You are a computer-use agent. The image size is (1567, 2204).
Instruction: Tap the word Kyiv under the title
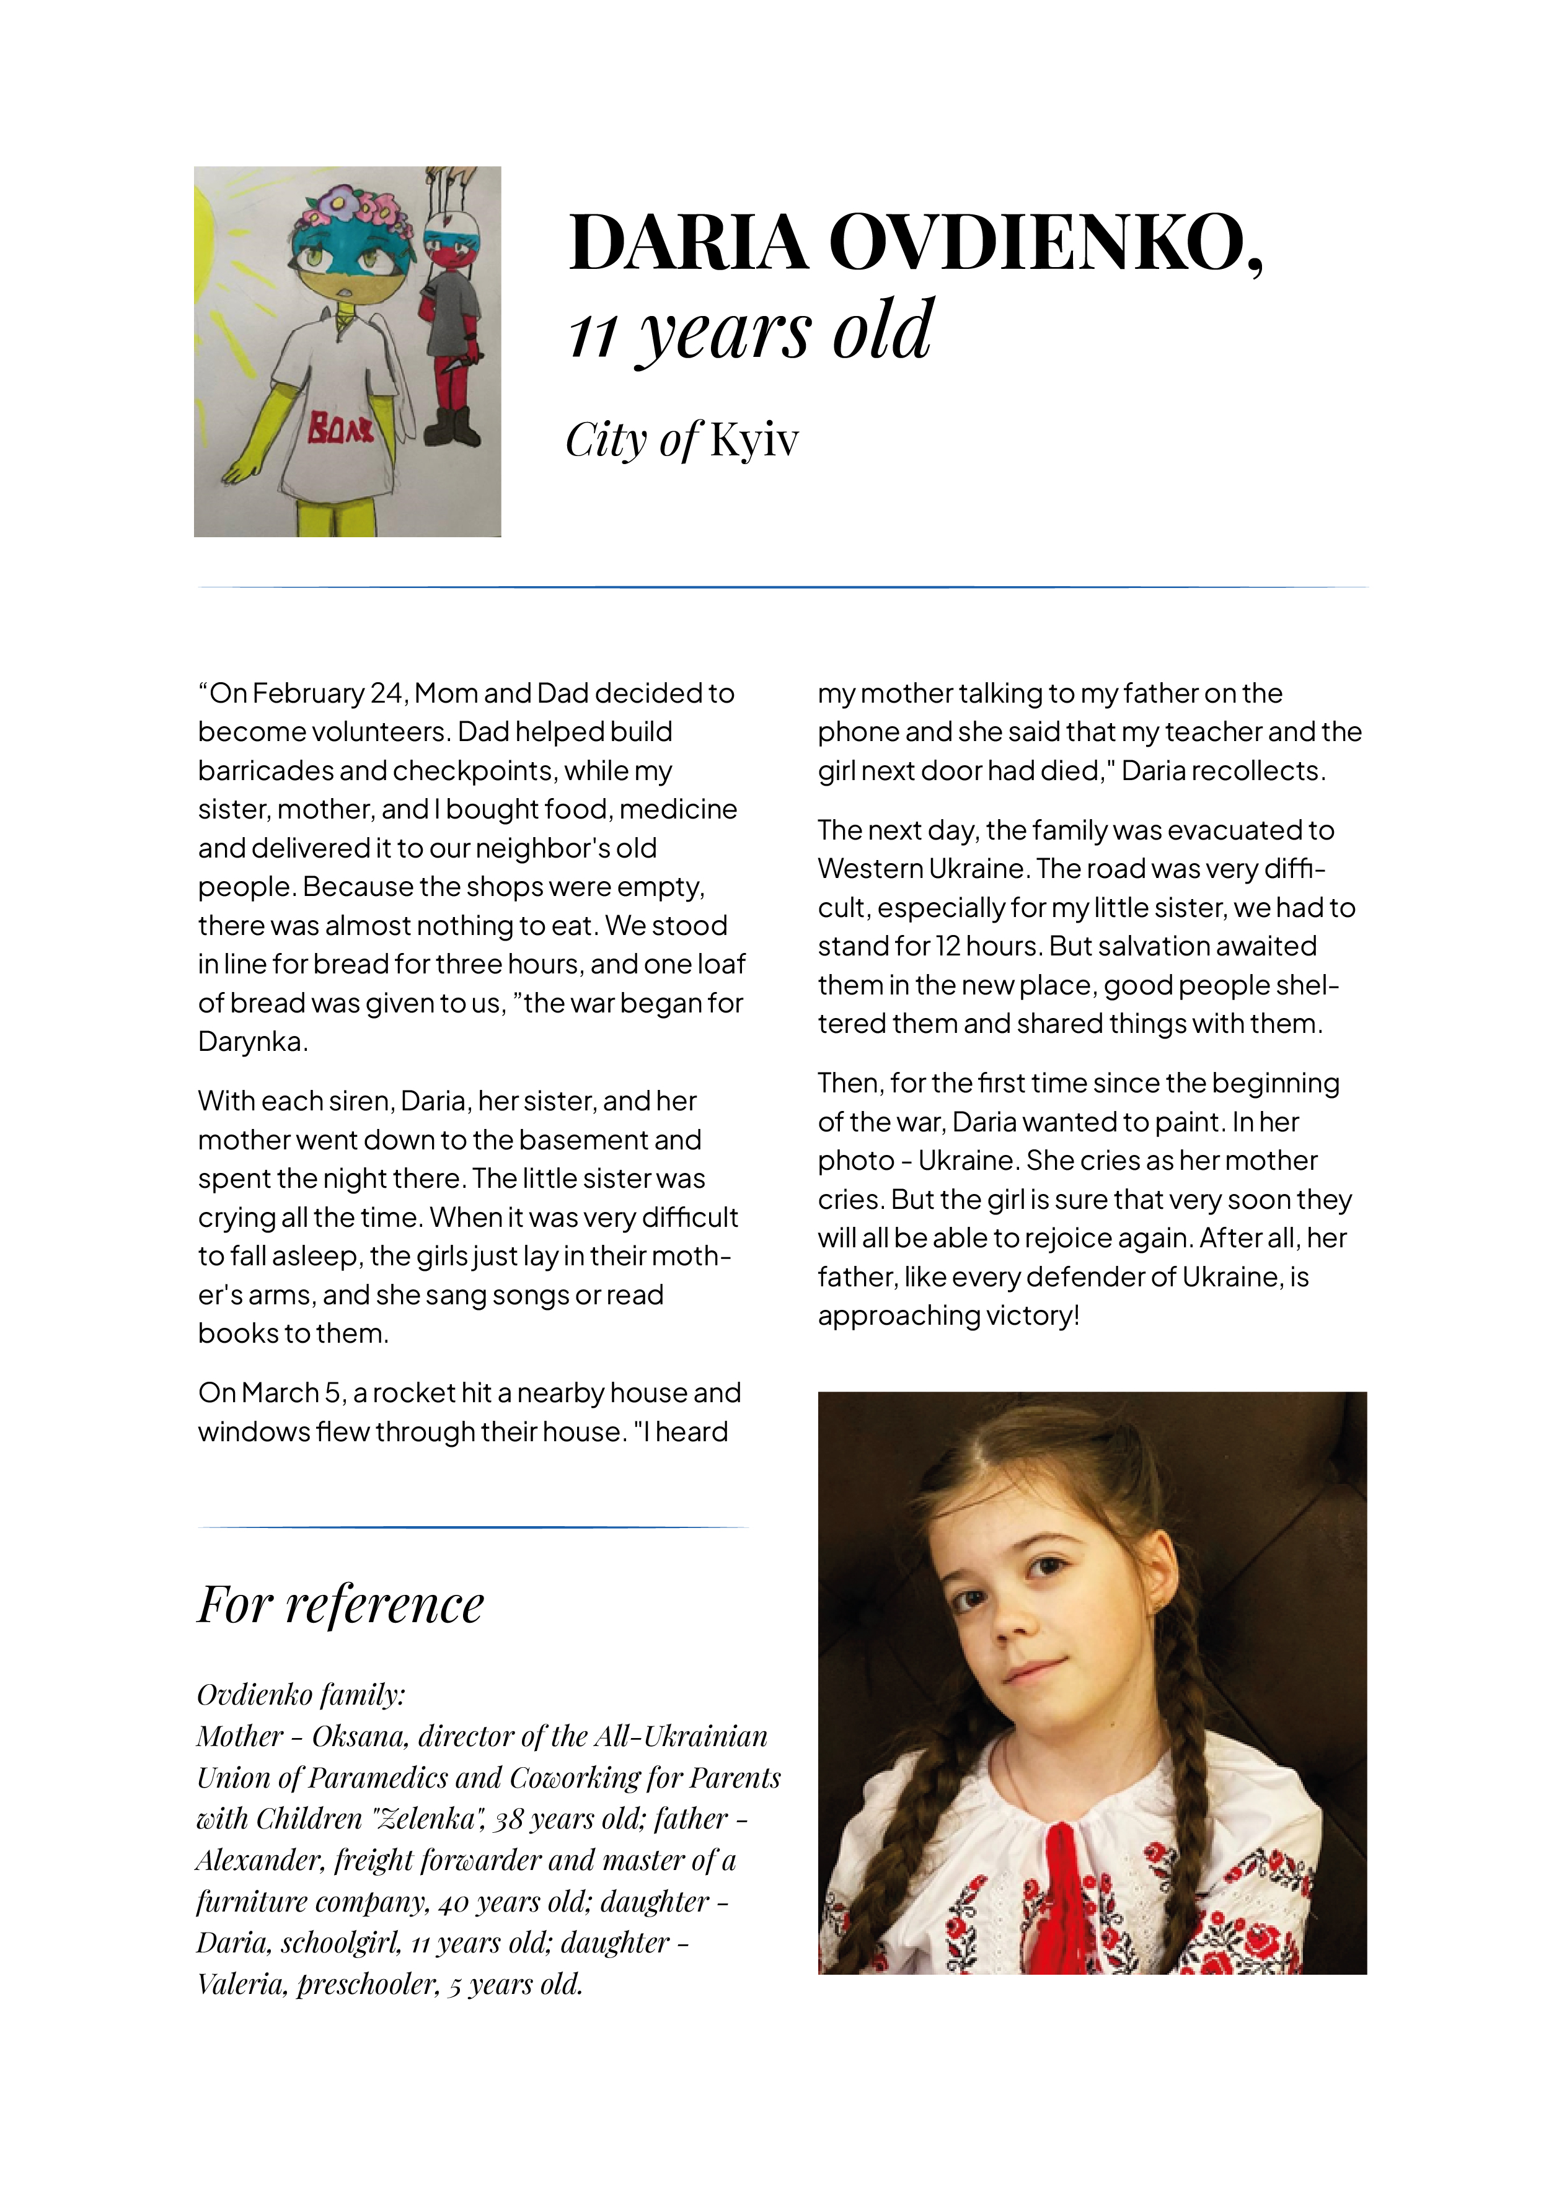pos(754,441)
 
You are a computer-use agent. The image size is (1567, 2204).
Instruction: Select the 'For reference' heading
pos(340,1605)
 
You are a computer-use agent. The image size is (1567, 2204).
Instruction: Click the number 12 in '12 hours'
pos(948,946)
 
